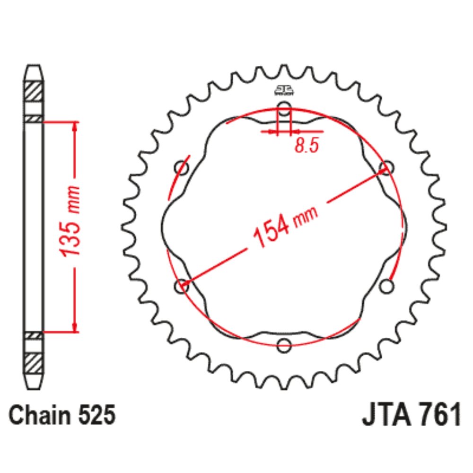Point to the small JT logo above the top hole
[x=284, y=91]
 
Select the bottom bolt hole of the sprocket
[x=284, y=346]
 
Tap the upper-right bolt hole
[x=387, y=167]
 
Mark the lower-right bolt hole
[x=387, y=286]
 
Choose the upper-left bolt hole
[x=181, y=167]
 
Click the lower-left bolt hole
[x=181, y=286]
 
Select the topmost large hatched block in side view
[x=33, y=90]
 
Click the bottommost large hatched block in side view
[x=33, y=363]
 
